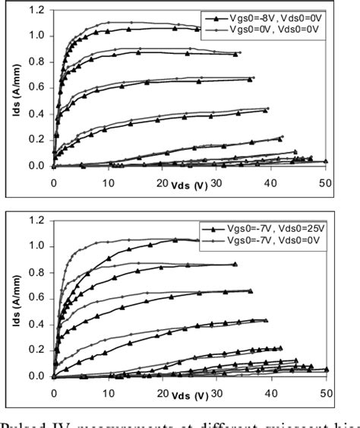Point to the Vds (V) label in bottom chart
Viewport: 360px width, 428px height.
(188, 396)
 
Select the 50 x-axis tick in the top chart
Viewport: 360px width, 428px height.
(325, 183)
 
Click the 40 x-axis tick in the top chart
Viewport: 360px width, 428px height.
(271, 183)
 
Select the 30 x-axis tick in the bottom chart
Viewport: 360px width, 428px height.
(216, 394)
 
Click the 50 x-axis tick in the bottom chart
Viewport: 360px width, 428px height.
(325, 394)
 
